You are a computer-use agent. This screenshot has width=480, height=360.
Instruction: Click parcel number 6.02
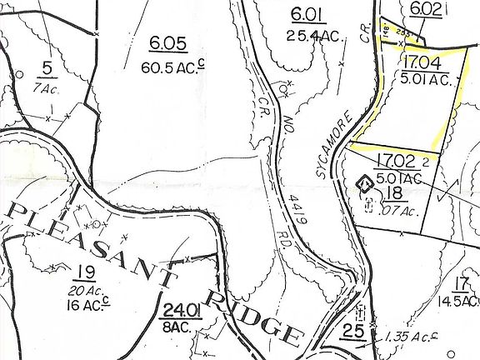coord(426,8)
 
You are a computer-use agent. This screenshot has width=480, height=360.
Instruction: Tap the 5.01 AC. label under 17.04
coord(425,80)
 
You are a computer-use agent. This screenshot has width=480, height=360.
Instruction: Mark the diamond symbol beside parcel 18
coord(364,182)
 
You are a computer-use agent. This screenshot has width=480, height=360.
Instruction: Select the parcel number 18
coord(393,194)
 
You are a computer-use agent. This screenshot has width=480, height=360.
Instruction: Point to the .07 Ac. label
coord(397,211)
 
